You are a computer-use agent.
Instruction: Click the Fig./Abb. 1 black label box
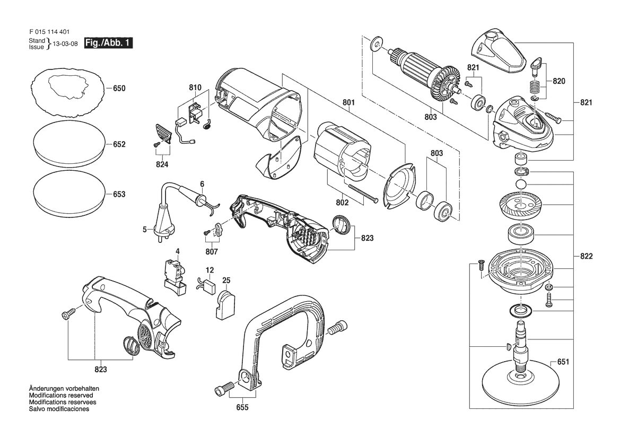click(x=108, y=43)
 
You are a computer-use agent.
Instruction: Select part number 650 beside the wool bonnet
click(x=119, y=88)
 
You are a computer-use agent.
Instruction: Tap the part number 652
click(x=119, y=144)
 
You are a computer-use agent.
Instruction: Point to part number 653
click(x=119, y=194)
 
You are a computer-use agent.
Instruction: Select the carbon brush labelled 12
click(x=207, y=285)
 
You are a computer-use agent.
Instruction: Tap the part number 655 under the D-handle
click(x=242, y=407)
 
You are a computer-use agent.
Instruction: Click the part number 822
click(x=587, y=256)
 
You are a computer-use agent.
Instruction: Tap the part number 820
click(x=559, y=81)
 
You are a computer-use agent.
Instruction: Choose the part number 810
click(x=195, y=87)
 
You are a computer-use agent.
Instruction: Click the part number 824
click(x=162, y=164)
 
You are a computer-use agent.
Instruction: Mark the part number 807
click(x=212, y=251)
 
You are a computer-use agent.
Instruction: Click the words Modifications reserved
click(x=61, y=395)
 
